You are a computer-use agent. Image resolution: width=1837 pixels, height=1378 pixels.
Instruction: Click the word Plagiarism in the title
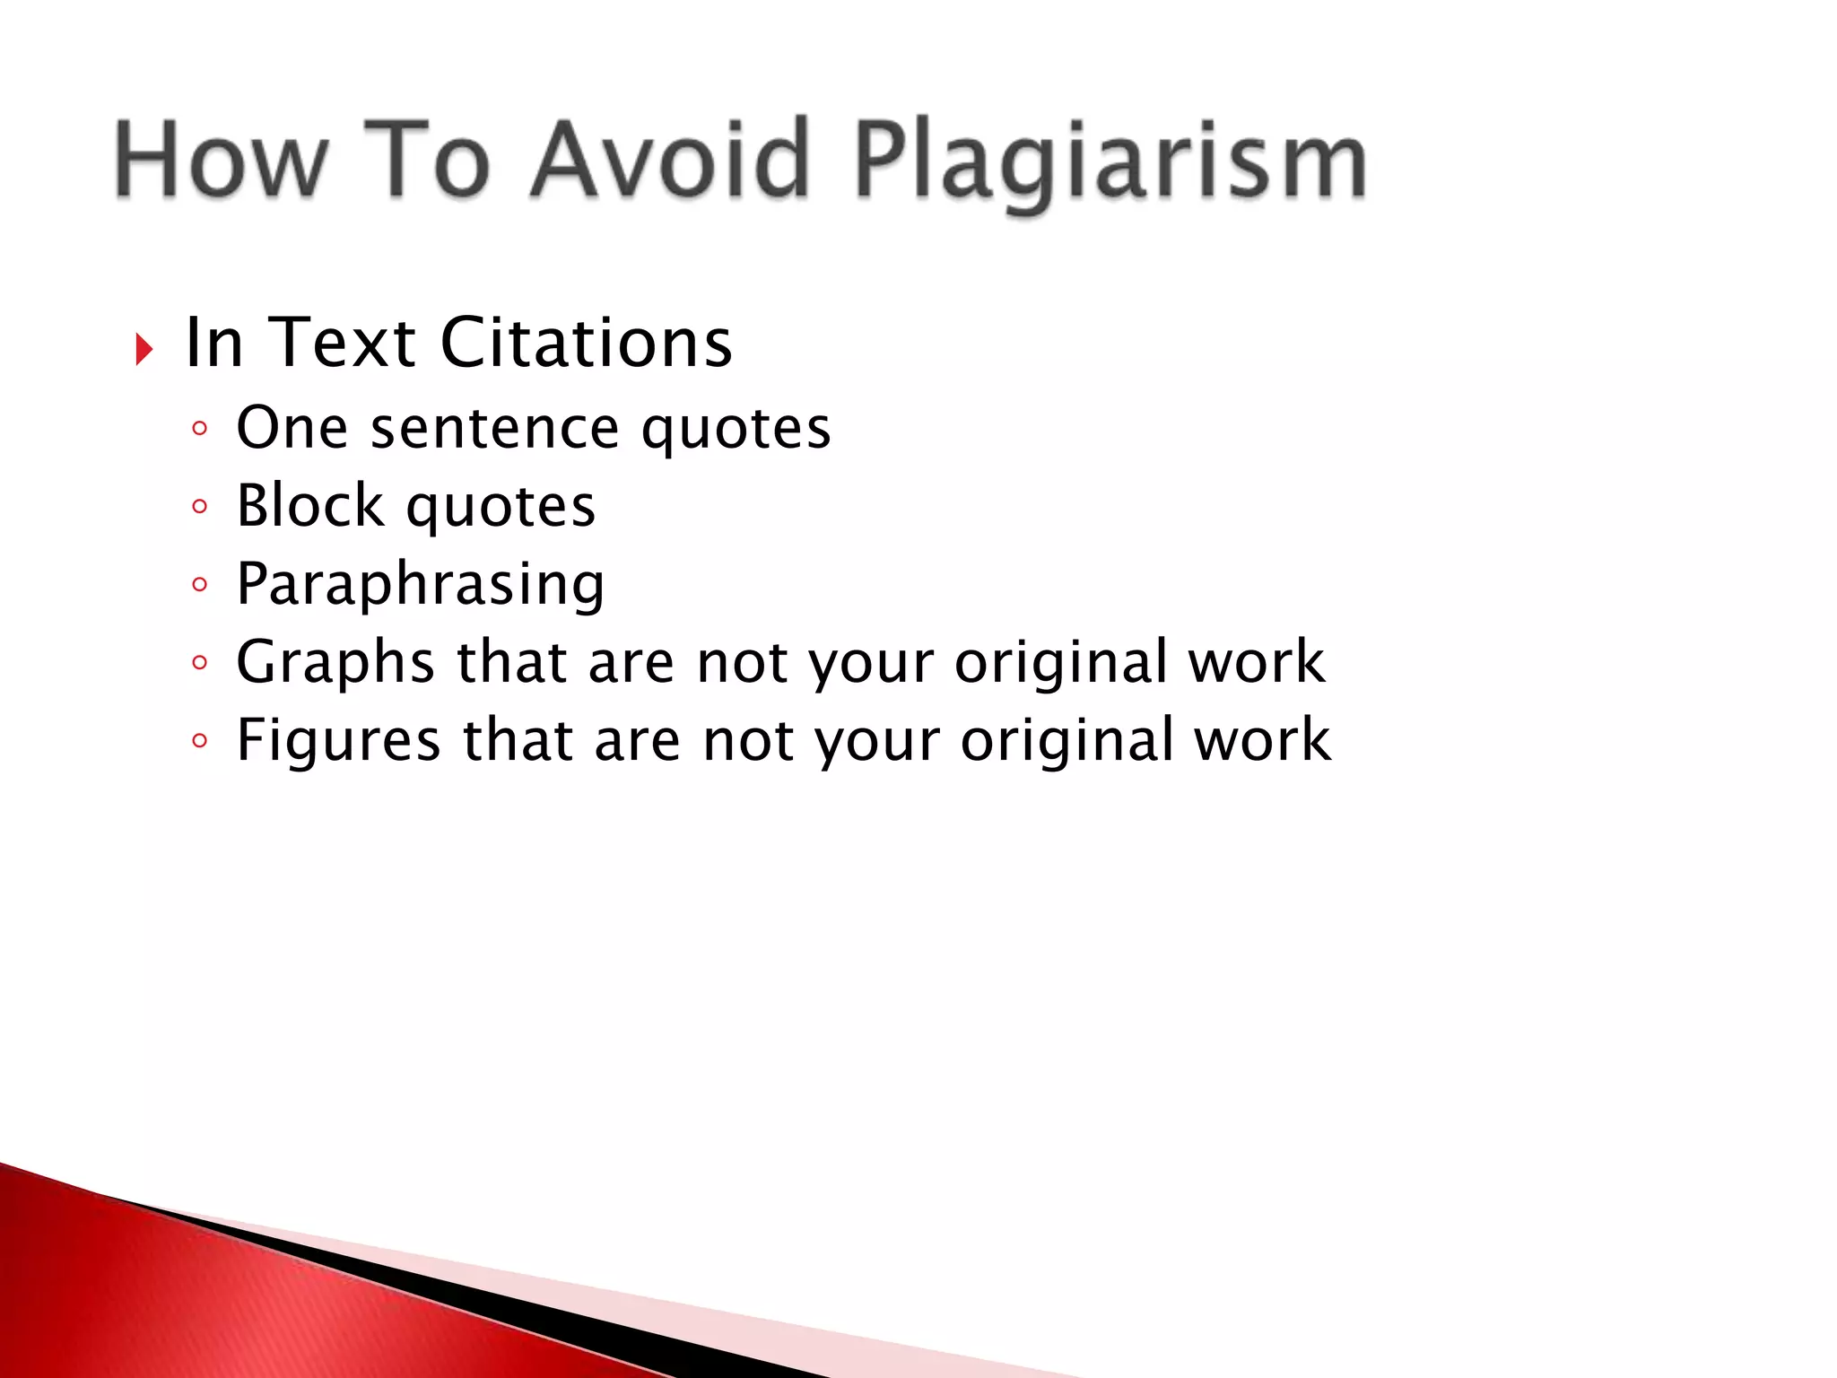click(x=1110, y=161)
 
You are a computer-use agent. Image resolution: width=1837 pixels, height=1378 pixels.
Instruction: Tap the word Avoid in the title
click(x=669, y=160)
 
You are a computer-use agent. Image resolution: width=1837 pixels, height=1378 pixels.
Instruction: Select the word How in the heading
click(x=221, y=160)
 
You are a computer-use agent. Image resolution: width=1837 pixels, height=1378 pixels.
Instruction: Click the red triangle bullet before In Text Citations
click(x=144, y=348)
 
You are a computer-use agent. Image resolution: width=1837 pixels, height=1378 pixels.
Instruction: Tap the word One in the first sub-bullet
click(x=292, y=428)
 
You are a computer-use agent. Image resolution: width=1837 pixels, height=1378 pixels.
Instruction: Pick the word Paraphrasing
click(x=420, y=585)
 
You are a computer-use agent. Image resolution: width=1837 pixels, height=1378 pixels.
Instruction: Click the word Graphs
click(x=335, y=664)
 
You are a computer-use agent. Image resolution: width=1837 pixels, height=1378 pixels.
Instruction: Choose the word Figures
click(x=338, y=741)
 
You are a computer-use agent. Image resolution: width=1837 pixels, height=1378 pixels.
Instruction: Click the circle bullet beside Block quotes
click(x=199, y=507)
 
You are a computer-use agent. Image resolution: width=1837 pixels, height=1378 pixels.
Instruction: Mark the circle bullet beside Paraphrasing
click(x=199, y=585)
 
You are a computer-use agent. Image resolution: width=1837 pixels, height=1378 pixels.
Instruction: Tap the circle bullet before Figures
click(x=199, y=741)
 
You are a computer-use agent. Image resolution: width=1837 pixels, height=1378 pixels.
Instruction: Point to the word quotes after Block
click(x=501, y=507)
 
